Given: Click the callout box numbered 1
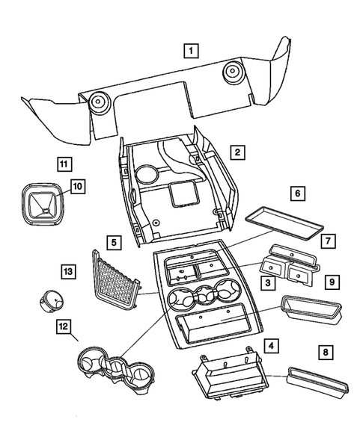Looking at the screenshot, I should click(192, 52).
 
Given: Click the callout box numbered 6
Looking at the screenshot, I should click(297, 193).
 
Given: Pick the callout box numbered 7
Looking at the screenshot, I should click(328, 241).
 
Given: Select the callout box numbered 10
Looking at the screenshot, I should click(76, 186).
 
